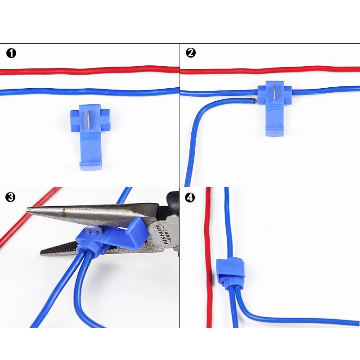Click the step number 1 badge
(11, 53)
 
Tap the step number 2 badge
(191, 53)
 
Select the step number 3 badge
(11, 197)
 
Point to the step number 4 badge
(191, 197)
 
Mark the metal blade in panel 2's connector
(274, 93)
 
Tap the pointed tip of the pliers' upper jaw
(28, 210)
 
